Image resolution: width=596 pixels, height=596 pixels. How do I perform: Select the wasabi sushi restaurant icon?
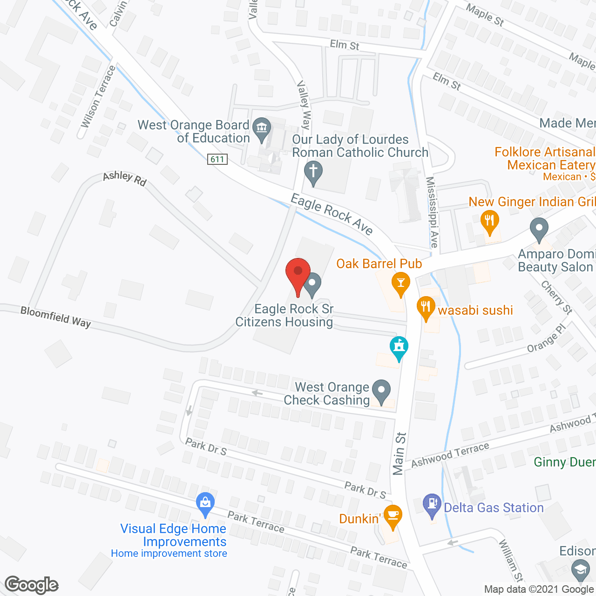(x=426, y=308)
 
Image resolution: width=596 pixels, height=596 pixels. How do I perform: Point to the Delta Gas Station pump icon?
(x=432, y=505)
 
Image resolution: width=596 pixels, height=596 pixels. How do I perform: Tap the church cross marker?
(x=313, y=172)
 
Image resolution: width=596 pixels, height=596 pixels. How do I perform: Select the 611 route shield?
(x=217, y=159)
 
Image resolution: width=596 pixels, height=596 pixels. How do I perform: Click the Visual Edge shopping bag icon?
(x=205, y=503)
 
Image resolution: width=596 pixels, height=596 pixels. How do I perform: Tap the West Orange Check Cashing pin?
(x=382, y=391)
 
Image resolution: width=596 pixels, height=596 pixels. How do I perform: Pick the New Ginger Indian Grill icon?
(x=489, y=221)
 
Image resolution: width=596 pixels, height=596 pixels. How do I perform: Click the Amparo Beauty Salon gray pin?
(x=539, y=230)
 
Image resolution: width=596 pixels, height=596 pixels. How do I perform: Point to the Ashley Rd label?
(x=125, y=178)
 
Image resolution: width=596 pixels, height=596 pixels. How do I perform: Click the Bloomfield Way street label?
(x=55, y=317)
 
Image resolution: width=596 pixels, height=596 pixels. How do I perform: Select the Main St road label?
(x=399, y=454)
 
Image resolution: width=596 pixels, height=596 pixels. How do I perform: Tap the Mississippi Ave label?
(x=432, y=212)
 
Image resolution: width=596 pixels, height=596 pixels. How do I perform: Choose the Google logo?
(x=32, y=585)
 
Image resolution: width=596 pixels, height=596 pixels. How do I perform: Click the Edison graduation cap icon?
(x=580, y=570)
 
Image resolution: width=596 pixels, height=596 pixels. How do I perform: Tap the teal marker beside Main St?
(x=399, y=348)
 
